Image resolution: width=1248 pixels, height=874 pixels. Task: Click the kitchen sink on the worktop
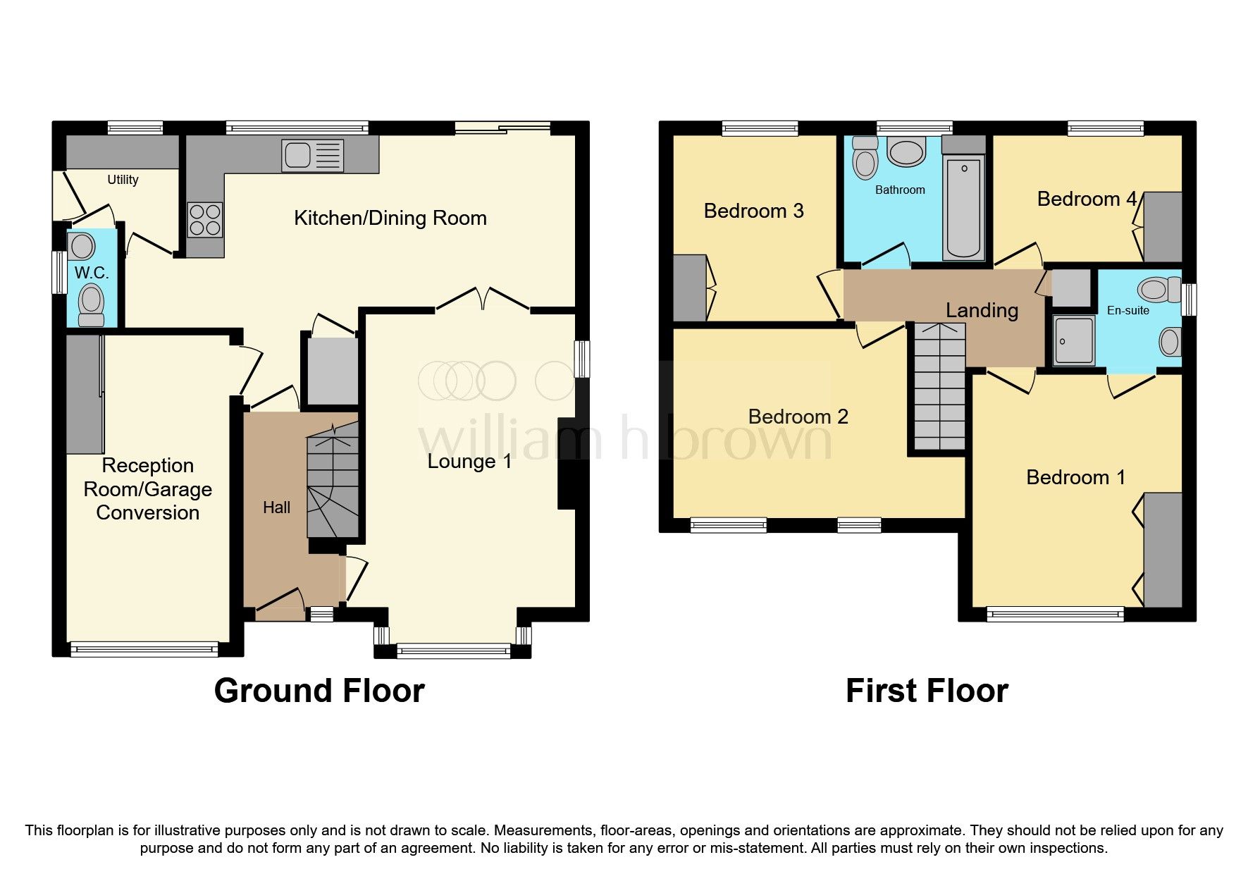pos(312,155)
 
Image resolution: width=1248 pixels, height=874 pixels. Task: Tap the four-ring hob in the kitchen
pos(204,219)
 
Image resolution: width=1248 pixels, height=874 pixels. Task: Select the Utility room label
pos(123,180)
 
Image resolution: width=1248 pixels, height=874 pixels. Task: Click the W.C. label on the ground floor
pos(91,273)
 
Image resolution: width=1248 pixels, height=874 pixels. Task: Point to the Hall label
pos(276,507)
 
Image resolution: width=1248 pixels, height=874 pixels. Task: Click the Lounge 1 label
pos(469,462)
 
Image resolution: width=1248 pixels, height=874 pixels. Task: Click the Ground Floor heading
pos(319,691)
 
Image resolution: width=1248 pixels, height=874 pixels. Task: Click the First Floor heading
pos(927,691)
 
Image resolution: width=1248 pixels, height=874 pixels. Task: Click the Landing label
pos(982,310)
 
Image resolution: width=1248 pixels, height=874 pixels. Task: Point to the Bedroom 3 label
pos(753,211)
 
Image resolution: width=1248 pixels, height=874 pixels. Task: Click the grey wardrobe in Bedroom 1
pos(1163,550)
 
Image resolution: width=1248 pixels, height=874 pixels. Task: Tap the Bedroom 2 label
pos(798,417)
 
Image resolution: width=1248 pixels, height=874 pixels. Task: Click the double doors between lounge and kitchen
pos(483,300)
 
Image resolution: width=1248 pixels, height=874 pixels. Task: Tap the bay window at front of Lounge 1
pos(453,651)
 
